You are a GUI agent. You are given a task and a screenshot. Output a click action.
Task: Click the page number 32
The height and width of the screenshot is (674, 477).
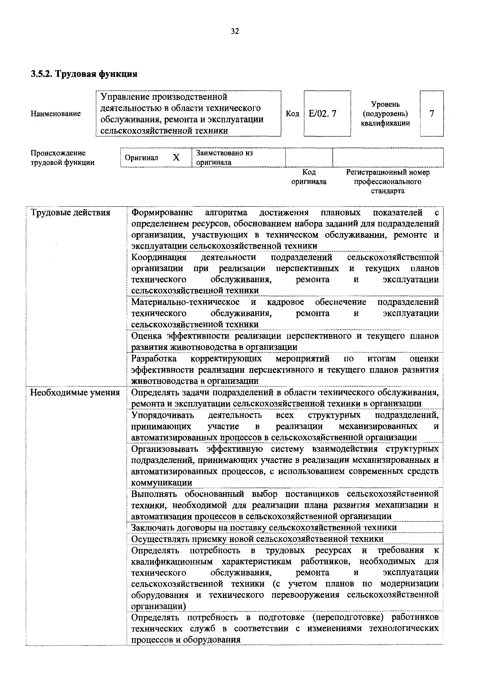[x=235, y=31]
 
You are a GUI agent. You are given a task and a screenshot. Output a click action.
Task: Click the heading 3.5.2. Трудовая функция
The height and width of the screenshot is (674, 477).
[x=84, y=74]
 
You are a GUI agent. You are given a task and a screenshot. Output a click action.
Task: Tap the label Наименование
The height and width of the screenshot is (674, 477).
[x=56, y=114]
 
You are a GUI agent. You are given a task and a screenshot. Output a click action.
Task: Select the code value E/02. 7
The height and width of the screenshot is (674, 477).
[x=322, y=114]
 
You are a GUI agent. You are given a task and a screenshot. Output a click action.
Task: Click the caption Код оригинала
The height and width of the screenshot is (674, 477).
[x=309, y=177]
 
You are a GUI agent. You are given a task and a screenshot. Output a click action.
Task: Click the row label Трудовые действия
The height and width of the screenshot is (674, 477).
[x=71, y=212]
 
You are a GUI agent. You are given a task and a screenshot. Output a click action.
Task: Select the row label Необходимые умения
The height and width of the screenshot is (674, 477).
[x=75, y=393]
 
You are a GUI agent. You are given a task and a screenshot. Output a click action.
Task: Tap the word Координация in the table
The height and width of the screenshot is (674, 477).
[x=159, y=257]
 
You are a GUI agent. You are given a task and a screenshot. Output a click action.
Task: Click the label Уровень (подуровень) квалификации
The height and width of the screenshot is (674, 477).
[x=385, y=114]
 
